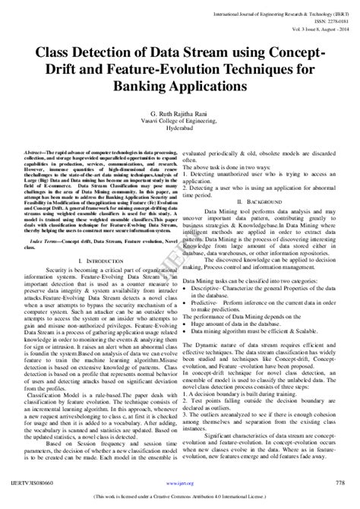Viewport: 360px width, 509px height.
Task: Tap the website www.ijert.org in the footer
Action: tap(179, 482)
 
